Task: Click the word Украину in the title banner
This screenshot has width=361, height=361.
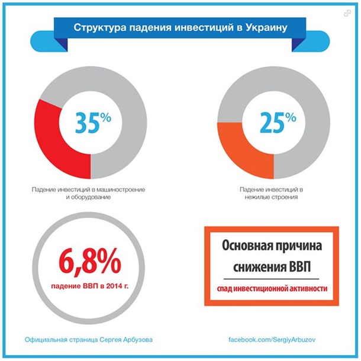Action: pos(267,27)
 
